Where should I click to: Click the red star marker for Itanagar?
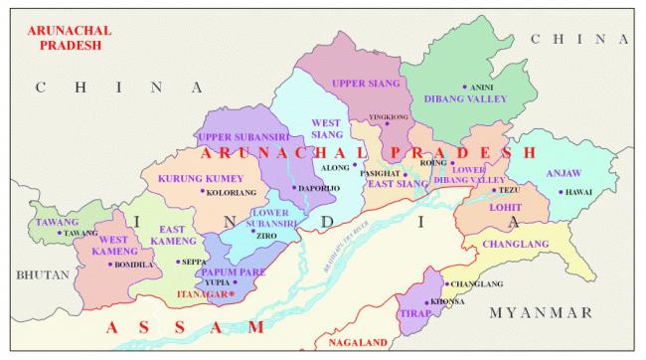tap(232, 294)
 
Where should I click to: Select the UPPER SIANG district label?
tap(364, 83)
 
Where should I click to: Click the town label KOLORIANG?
tap(231, 192)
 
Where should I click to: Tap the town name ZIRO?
tap(267, 236)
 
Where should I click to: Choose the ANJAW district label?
tap(565, 170)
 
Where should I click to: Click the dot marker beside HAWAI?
tap(561, 192)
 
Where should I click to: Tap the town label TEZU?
tap(509, 189)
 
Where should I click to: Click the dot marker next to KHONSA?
tap(426, 301)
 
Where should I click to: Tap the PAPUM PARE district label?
tap(232, 271)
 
